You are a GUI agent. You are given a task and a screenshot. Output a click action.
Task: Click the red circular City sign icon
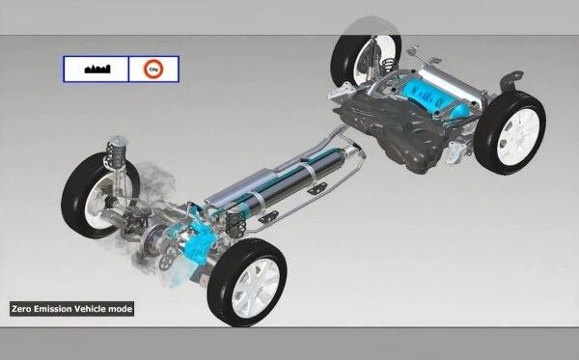[150, 68]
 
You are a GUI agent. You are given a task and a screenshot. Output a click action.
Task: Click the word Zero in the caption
[23, 309]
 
